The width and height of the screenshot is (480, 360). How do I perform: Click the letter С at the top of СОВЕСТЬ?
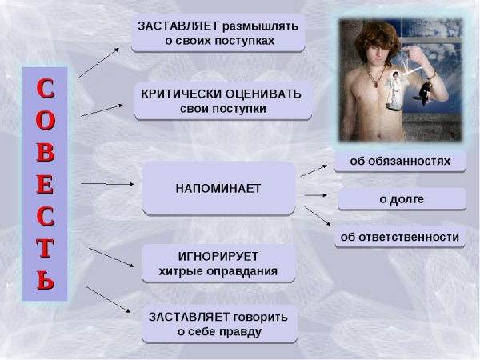pyautogui.click(x=46, y=86)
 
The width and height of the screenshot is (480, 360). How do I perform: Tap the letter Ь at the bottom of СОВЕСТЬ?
pyautogui.click(x=46, y=281)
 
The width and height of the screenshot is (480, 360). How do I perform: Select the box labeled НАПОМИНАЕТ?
pyautogui.click(x=218, y=188)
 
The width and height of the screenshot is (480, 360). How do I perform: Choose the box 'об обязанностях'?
pyautogui.click(x=400, y=161)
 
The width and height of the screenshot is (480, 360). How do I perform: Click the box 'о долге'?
pyautogui.click(x=402, y=199)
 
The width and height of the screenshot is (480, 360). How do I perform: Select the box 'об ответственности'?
pyautogui.click(x=400, y=237)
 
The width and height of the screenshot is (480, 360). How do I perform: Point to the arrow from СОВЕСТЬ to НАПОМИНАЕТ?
pyautogui.click(x=108, y=184)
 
